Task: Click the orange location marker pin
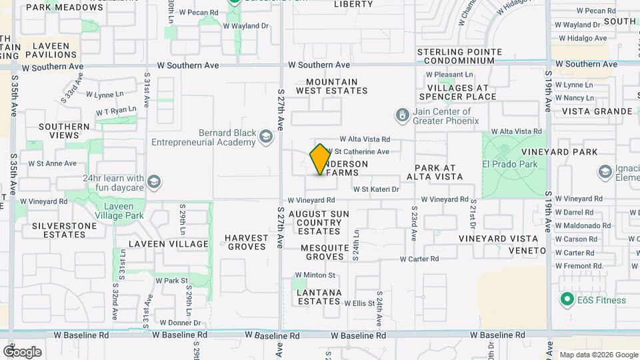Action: pos(320,159)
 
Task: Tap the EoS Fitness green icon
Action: pos(567,299)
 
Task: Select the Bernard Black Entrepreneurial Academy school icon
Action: pos(266,137)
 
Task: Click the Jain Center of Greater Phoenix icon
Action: pos(402,116)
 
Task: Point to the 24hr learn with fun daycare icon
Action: pos(153,182)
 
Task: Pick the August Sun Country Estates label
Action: pos(319,223)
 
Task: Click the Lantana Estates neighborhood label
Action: pos(319,297)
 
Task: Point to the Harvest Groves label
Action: pos(245,242)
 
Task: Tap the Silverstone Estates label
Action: pos(64,230)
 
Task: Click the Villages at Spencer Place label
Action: pos(462,92)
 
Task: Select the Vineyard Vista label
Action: pos(498,239)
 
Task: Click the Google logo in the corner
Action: pos(23,351)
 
